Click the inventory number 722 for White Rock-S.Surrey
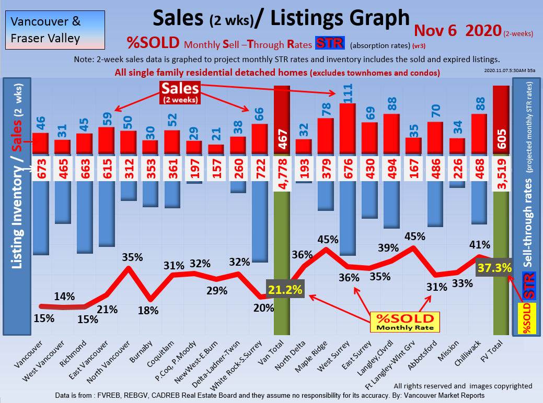(260, 169)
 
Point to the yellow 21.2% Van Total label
(285, 289)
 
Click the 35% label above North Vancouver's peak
(132, 257)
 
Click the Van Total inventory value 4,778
(282, 169)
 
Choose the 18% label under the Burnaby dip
(148, 311)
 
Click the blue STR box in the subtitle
(328, 43)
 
